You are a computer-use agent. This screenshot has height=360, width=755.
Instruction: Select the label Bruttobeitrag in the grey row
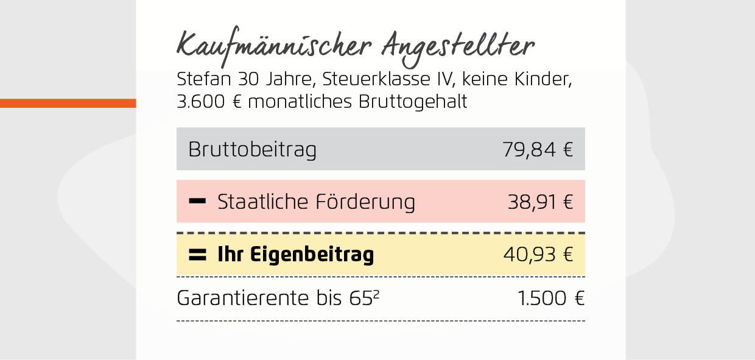[252, 149]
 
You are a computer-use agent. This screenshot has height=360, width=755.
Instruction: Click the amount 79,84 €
[538, 149]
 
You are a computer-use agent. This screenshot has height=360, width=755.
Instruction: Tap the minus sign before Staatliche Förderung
[197, 201]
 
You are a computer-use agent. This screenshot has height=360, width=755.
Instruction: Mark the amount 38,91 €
[540, 202]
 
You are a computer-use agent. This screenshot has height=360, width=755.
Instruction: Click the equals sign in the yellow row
[197, 255]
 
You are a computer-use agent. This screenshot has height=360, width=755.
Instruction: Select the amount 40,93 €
[538, 255]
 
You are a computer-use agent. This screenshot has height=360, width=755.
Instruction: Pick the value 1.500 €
[550, 298]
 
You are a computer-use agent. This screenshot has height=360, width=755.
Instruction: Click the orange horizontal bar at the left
[68, 103]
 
